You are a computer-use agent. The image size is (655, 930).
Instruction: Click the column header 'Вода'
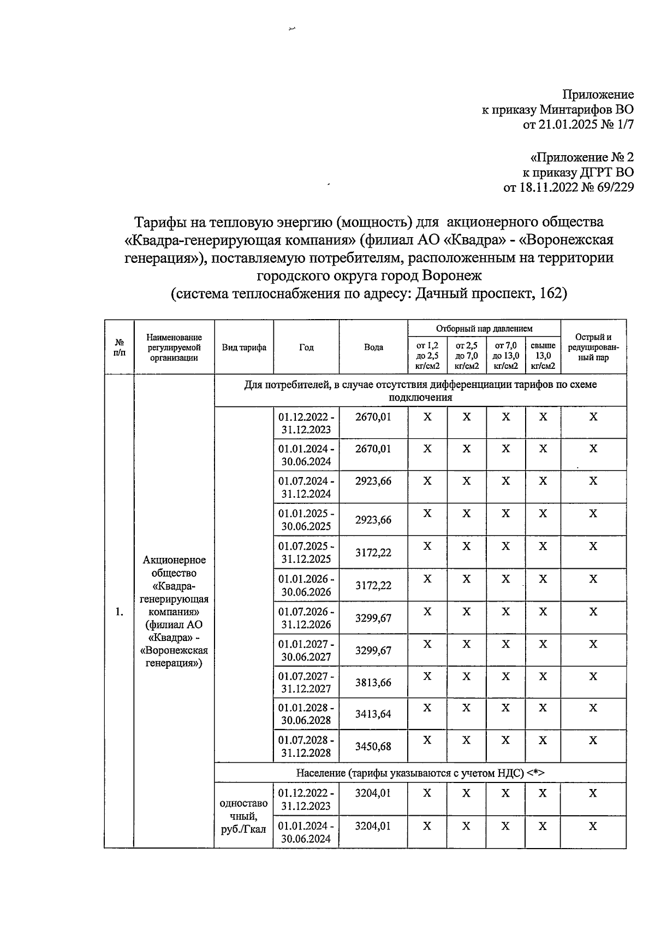(373, 348)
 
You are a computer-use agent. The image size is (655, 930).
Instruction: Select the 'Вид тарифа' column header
(243, 348)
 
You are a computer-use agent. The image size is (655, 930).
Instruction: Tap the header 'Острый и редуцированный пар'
(593, 348)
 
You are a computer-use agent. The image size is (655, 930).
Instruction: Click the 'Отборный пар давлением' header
(484, 328)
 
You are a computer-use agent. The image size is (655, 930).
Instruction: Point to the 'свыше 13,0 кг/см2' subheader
(543, 356)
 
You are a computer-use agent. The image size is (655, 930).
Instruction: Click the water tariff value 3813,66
(373, 682)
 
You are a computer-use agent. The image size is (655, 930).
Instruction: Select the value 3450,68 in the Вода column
(373, 746)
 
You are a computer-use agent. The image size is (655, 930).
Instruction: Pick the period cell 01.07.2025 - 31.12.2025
(306, 552)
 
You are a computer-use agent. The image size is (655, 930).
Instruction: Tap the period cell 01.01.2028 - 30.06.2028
(306, 714)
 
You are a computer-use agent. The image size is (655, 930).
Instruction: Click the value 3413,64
(373, 714)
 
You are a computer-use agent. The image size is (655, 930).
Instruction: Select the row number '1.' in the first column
(119, 612)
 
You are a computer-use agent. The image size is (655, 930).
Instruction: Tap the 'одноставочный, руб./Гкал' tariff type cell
(243, 816)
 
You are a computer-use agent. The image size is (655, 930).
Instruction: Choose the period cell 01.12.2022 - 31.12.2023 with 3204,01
(306, 799)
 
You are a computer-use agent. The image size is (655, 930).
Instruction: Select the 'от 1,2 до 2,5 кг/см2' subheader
(427, 356)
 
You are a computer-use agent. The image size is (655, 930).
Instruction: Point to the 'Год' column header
(306, 348)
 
